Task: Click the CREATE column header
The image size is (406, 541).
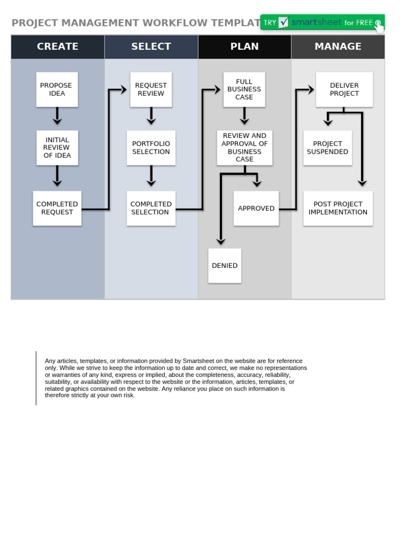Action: click(58, 46)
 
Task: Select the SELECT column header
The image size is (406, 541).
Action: click(151, 46)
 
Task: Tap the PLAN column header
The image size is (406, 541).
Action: click(244, 46)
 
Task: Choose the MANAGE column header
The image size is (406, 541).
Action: click(338, 46)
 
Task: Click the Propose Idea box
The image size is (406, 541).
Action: click(57, 89)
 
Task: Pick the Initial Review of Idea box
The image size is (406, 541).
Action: click(57, 148)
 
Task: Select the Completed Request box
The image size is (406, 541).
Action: click(57, 208)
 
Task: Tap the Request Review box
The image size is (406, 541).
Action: click(151, 89)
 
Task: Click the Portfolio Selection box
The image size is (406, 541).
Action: click(151, 148)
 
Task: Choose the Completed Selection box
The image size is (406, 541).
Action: click(151, 208)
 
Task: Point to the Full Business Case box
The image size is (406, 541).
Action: click(244, 89)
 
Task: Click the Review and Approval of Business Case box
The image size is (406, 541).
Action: click(244, 148)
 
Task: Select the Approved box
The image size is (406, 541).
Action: click(256, 208)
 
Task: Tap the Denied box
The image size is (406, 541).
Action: click(225, 266)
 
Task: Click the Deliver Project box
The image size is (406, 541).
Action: click(344, 89)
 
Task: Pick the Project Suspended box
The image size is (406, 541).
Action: click(328, 148)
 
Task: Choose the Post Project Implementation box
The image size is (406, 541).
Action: click(338, 208)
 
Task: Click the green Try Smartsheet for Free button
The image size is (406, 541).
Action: click(322, 23)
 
